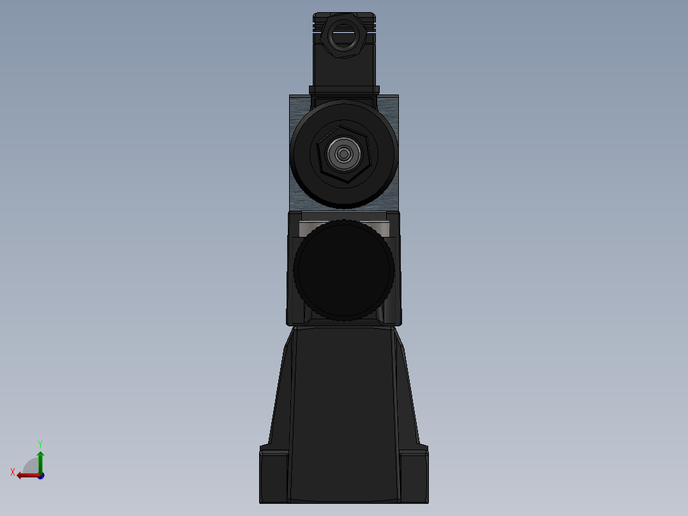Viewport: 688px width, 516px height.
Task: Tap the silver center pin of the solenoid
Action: point(344,153)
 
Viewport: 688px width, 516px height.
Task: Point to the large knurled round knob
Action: point(343,269)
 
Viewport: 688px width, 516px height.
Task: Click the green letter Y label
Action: point(40,443)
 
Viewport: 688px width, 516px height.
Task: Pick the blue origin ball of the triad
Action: point(40,476)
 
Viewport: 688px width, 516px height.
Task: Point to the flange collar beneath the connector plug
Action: point(344,90)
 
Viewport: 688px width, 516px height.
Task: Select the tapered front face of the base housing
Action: point(343,409)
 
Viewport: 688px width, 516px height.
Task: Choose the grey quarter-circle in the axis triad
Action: point(31,466)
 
